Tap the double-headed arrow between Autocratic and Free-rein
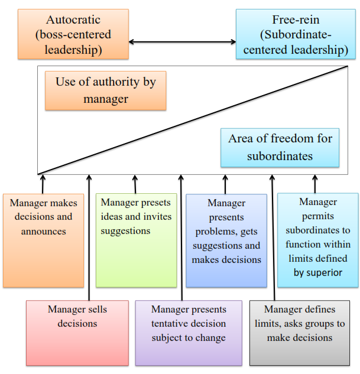[x=183, y=42]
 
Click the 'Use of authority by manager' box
[x=105, y=90]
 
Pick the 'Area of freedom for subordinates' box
[x=280, y=147]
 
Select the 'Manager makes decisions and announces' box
[x=43, y=239]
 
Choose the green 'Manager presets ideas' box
[x=136, y=239]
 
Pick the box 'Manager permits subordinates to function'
[x=317, y=239]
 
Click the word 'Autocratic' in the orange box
[x=74, y=19]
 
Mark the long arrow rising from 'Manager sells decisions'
[x=89, y=236]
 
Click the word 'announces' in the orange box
[x=44, y=231]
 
